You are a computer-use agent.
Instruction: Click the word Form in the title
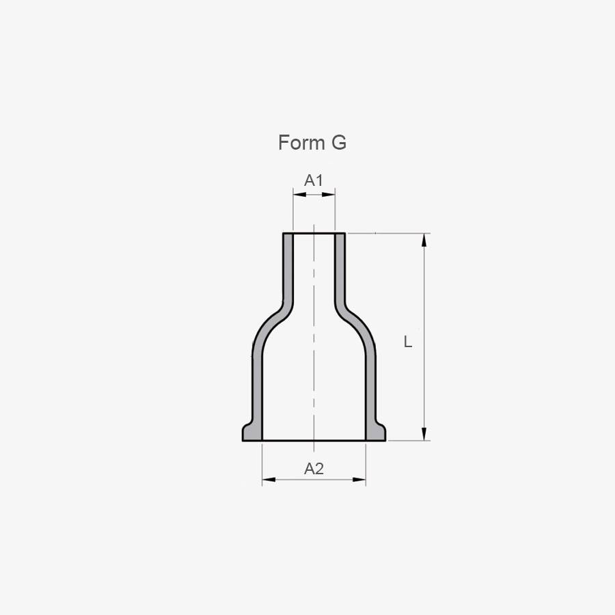click(x=302, y=142)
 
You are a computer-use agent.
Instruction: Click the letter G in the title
click(x=339, y=142)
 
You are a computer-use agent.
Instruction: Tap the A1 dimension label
click(x=314, y=180)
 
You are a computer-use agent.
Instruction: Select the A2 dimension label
click(x=314, y=468)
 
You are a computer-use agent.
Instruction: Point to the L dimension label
click(x=408, y=342)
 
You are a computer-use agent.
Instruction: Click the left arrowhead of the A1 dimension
click(x=299, y=194)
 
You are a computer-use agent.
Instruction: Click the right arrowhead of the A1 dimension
click(x=329, y=194)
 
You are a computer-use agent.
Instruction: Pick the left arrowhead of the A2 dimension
click(x=269, y=479)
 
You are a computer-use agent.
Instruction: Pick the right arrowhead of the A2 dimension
click(x=359, y=479)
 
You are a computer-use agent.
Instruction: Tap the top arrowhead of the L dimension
click(x=424, y=240)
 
